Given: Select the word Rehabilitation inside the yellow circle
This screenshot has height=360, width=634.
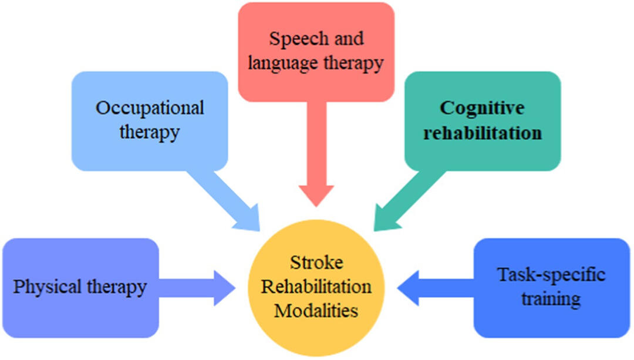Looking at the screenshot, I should tap(316, 287).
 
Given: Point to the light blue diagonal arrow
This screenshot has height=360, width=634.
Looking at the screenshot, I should tap(229, 199).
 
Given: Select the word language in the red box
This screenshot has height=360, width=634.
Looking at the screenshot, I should tap(277, 62).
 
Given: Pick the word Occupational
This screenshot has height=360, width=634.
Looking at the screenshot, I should tap(150, 108).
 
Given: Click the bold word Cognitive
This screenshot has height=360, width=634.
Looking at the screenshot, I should tap(482, 108).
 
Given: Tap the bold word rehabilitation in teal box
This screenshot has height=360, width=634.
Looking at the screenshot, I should tap(482, 133).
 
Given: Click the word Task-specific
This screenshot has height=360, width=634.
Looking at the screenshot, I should tap(551, 275).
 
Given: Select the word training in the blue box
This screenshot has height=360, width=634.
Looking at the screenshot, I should tap(551, 298).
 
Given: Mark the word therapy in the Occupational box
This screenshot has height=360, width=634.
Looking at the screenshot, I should tap(150, 132).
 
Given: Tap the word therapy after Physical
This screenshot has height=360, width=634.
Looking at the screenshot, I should tap(117, 287).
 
